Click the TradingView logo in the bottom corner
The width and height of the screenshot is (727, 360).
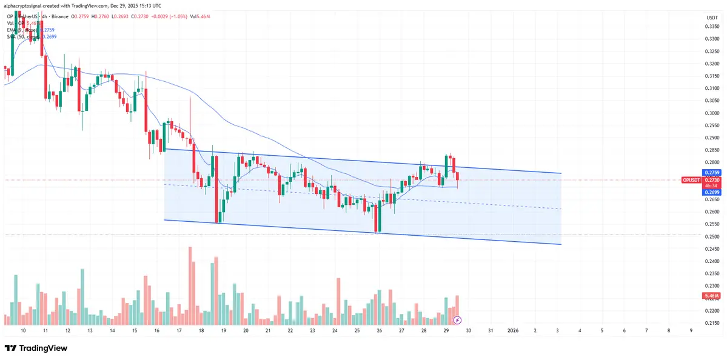coord(36,348)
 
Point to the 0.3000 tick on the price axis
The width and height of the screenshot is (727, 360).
coord(711,113)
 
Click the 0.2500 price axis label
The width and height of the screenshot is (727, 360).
coord(711,237)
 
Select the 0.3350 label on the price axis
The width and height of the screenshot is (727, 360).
coord(711,27)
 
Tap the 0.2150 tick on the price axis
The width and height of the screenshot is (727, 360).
coord(711,324)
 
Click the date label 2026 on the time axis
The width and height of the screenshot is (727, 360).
coord(513,330)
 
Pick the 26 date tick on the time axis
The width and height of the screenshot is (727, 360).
coord(380,330)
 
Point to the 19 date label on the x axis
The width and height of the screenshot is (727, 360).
coord(224,330)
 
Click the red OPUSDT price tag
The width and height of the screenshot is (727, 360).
coord(691,180)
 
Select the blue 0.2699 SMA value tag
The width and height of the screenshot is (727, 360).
coord(711,192)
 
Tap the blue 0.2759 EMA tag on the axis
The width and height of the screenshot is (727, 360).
coord(711,173)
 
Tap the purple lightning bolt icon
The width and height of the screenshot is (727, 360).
coord(457,319)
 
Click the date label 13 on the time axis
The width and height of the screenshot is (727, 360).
coord(90,330)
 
